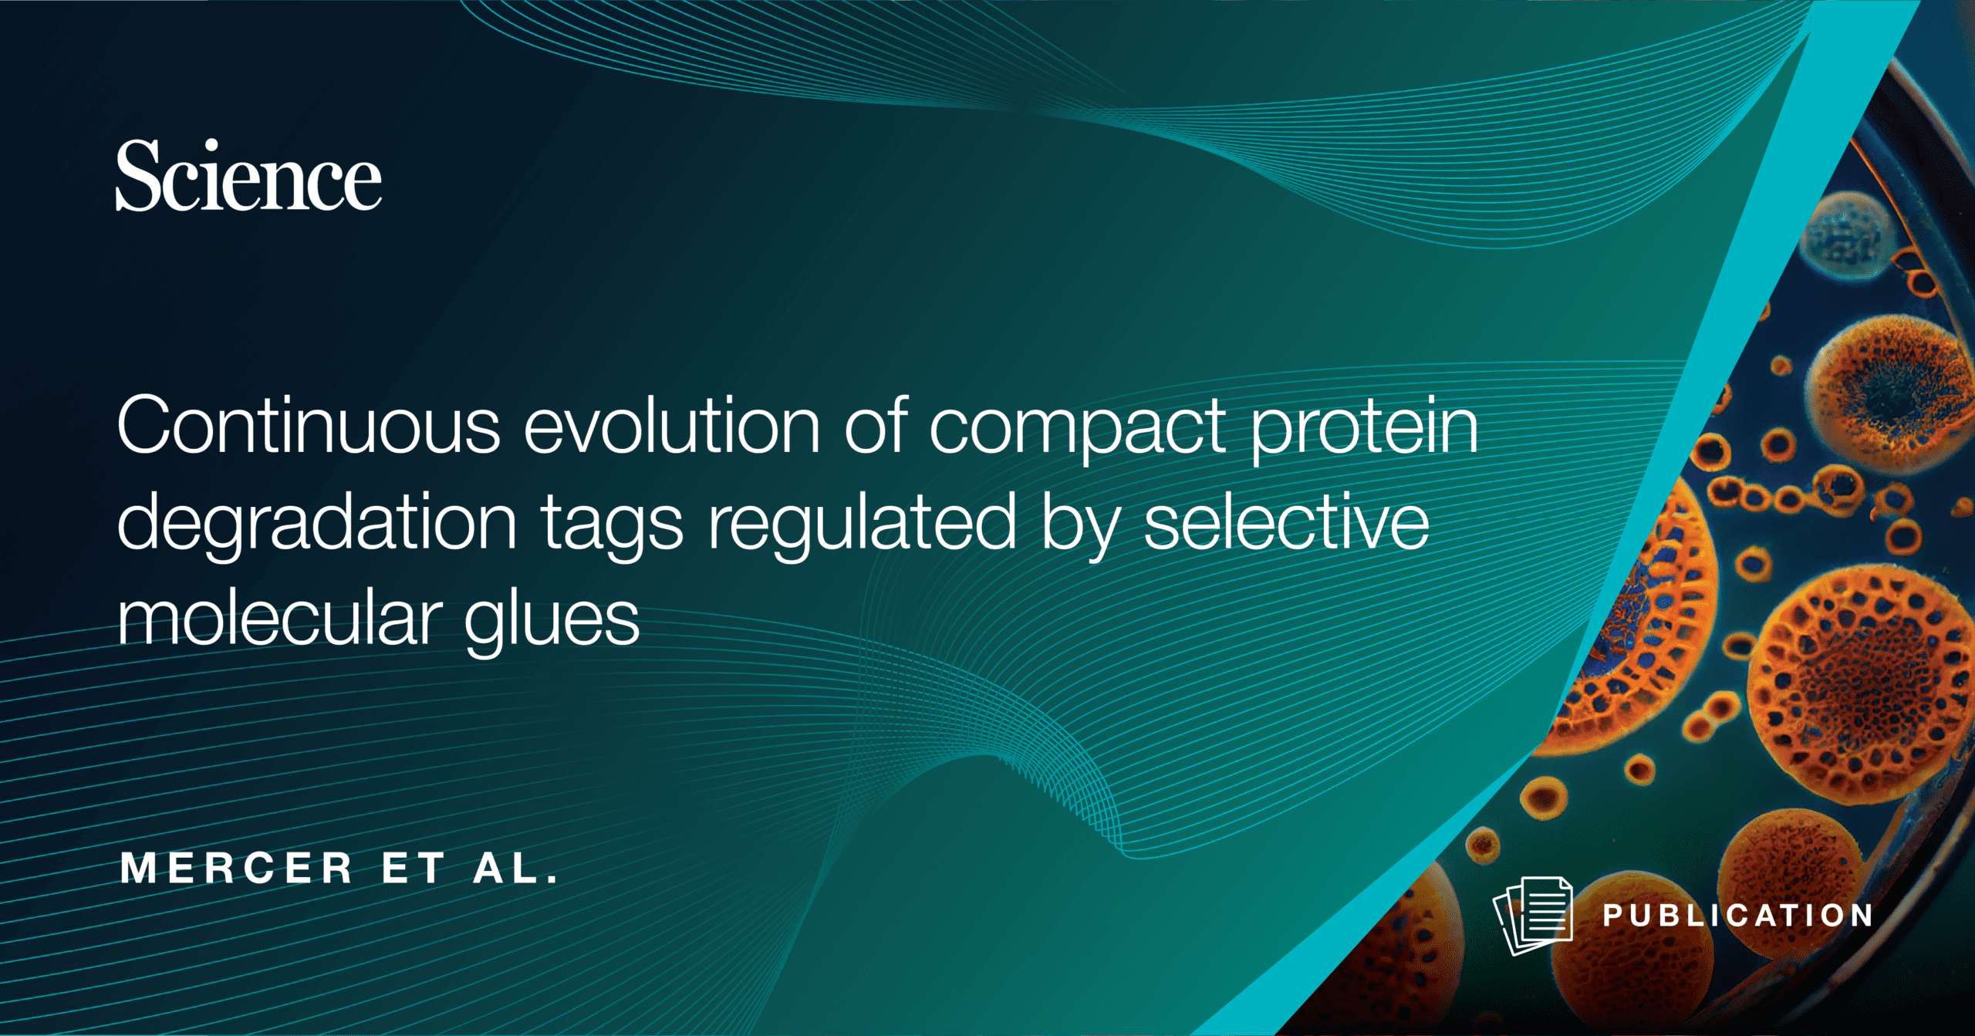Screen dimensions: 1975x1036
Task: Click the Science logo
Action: (x=248, y=175)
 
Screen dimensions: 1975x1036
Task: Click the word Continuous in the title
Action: (x=309, y=425)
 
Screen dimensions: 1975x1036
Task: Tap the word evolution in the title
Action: (x=672, y=425)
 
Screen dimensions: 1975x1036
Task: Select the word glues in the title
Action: (x=552, y=622)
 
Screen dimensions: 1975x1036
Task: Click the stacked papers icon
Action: (x=1533, y=916)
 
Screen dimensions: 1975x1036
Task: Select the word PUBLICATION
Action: (x=1737, y=916)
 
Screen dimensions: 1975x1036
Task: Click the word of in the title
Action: (x=876, y=425)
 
